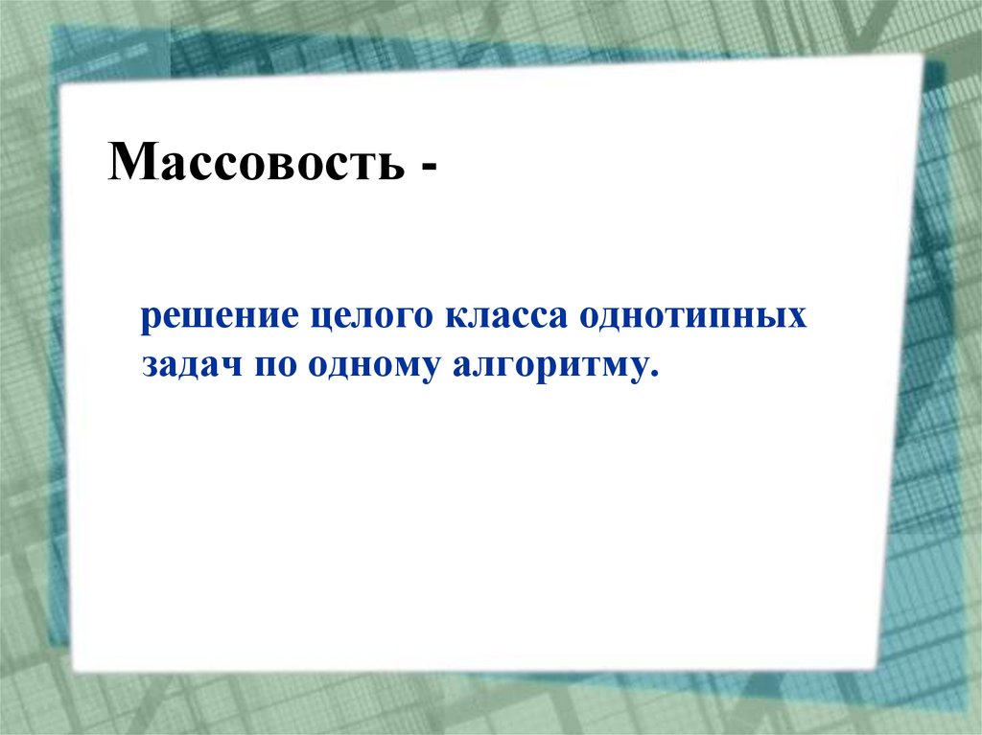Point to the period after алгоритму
pyautogui.click(x=655, y=375)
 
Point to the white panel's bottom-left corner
pyautogui.click(x=74, y=670)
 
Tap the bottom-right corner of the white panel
pyautogui.click(x=878, y=668)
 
